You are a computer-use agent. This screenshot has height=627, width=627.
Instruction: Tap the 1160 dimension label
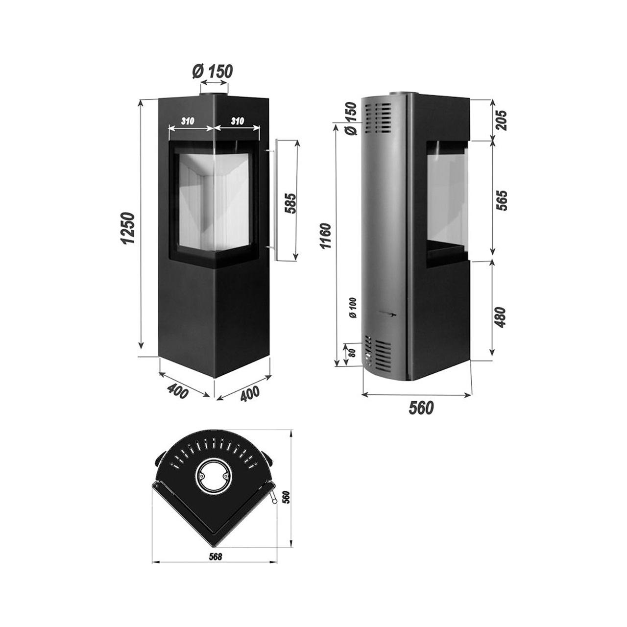click(325, 236)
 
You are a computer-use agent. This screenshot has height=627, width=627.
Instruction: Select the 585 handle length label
click(290, 203)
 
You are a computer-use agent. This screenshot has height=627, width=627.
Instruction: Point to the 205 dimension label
click(502, 121)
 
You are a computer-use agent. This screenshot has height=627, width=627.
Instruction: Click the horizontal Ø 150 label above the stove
click(213, 72)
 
